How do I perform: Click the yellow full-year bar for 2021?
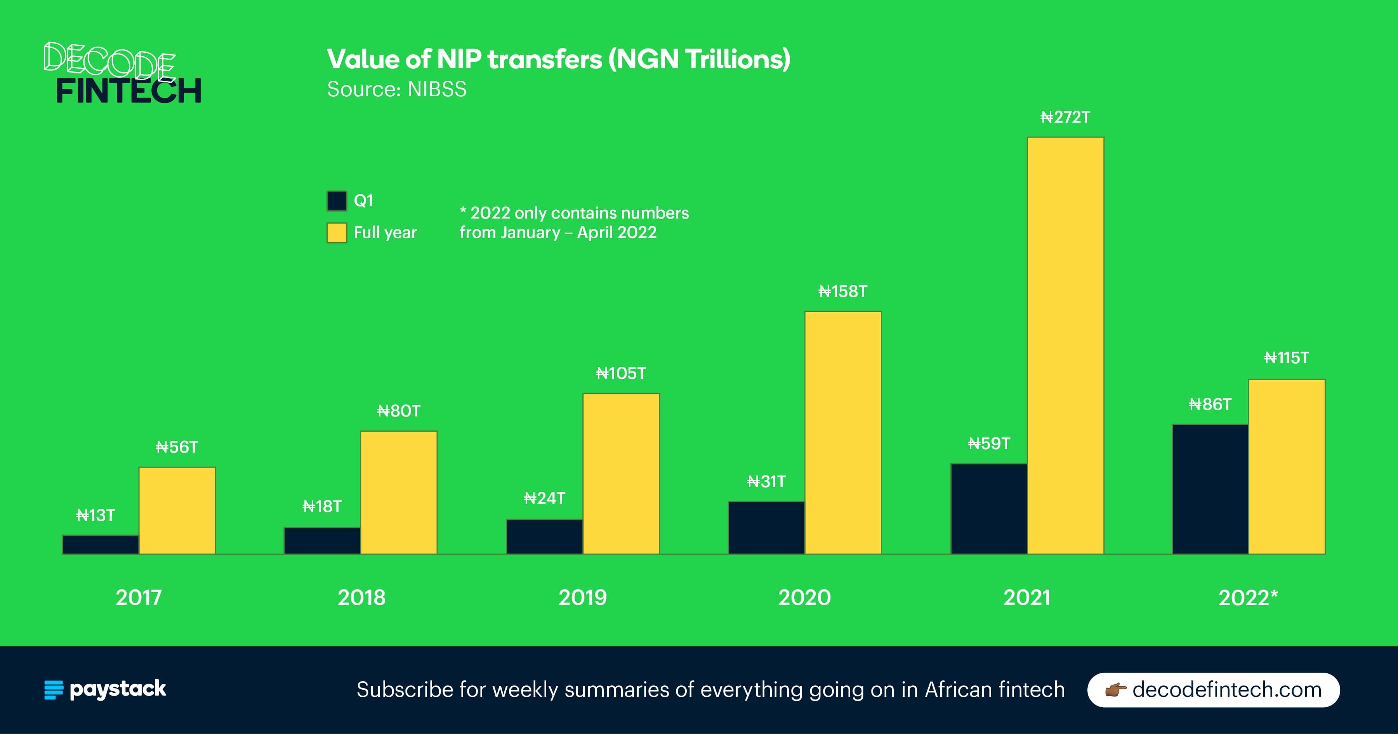[1065, 345]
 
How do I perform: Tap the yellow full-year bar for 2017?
[177, 510]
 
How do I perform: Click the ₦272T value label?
[1065, 117]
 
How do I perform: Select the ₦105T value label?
[621, 373]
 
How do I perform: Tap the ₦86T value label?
[1210, 404]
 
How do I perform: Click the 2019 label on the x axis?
[582, 597]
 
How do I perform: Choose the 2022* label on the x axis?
[1248, 597]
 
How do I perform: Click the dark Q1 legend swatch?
[337, 201]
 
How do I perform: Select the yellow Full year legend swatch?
[337, 233]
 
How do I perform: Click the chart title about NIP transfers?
[558, 59]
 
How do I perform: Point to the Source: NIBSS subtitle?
[396, 89]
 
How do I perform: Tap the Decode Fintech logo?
[122, 74]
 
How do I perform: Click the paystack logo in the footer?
[105, 689]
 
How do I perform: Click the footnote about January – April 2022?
[574, 222]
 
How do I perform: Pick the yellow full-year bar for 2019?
[621, 473]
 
